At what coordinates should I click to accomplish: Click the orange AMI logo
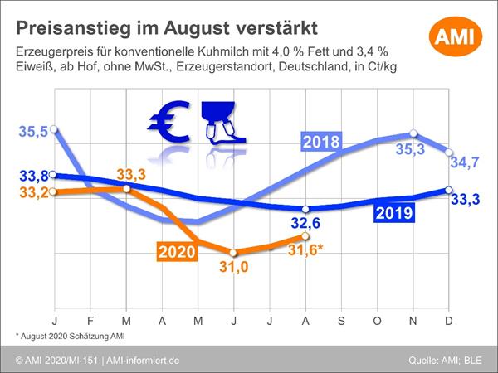pos(456,38)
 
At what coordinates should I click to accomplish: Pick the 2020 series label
pos(177,251)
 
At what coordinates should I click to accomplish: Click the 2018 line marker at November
pos(414,134)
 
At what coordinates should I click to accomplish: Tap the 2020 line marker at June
pos(233,253)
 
